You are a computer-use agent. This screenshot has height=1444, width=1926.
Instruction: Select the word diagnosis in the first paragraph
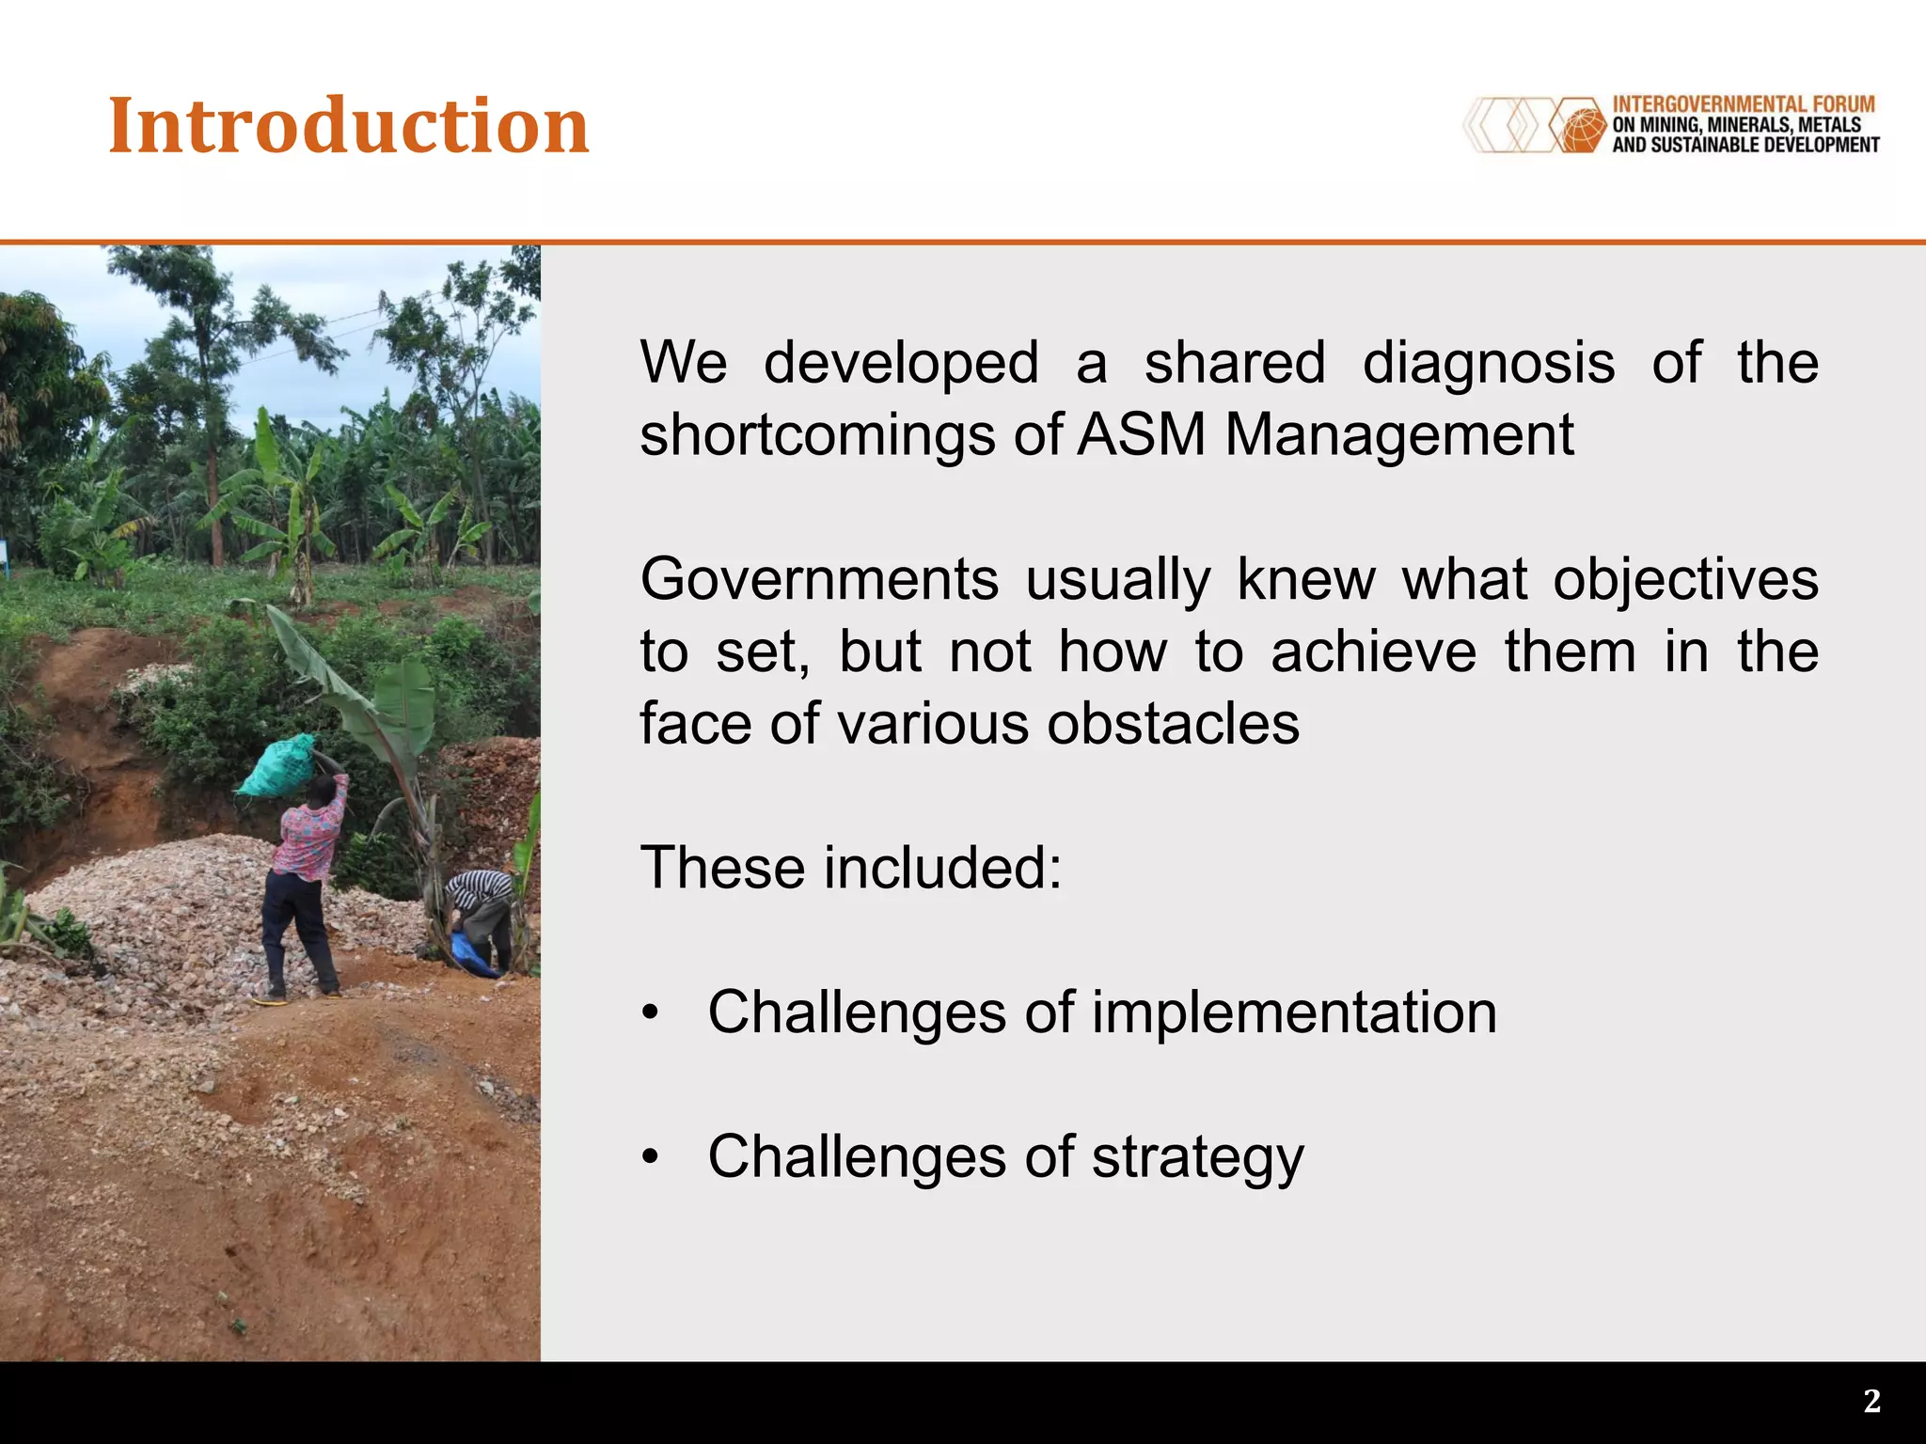pos(1488,363)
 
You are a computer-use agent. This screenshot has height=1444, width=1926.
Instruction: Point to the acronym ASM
pos(1140,435)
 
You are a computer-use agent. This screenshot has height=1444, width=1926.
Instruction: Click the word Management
pos(1398,435)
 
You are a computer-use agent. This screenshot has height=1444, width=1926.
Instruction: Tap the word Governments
pos(819,579)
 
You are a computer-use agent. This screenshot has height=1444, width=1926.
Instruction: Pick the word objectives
pos(1684,579)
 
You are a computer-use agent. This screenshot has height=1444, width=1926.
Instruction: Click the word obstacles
pos(1173,724)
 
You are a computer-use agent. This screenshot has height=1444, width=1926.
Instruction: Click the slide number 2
pos(1871,1402)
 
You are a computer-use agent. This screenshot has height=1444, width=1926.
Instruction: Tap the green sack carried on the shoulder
pos(276,766)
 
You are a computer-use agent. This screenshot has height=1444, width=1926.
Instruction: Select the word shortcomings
pos(817,435)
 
